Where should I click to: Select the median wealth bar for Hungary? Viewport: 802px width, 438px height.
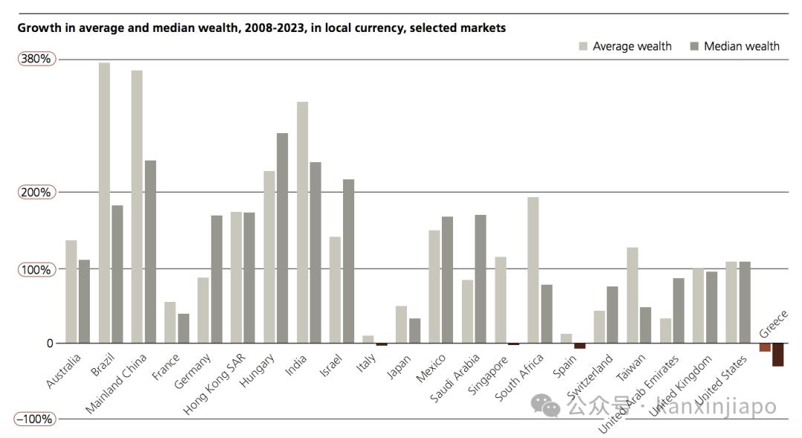282,238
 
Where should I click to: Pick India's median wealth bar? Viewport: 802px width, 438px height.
315,252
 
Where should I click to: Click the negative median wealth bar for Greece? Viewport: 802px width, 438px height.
777,355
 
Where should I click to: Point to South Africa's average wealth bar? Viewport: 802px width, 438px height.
533,270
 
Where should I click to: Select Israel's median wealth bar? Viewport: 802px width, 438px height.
348,261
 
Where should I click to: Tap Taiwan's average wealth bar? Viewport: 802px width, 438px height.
633,295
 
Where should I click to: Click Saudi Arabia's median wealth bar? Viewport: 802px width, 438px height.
480,279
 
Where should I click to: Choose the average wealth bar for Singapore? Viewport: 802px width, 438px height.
501,300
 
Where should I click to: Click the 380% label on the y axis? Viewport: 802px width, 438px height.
36,59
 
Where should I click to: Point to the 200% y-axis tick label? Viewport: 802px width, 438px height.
36,193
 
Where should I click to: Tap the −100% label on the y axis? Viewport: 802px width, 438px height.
36,419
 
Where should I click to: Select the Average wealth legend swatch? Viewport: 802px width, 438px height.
584,46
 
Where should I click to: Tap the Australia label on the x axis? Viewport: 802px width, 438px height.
62,371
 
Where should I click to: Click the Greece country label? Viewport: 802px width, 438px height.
772,324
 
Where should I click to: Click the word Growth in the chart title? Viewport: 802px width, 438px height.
39,28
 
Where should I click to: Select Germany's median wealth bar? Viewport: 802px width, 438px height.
216,279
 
